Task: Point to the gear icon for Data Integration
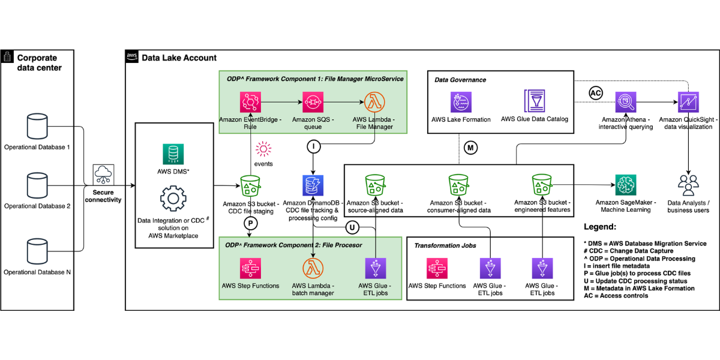click(173, 199)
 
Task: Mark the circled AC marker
click(596, 93)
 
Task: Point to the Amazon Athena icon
click(625, 102)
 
